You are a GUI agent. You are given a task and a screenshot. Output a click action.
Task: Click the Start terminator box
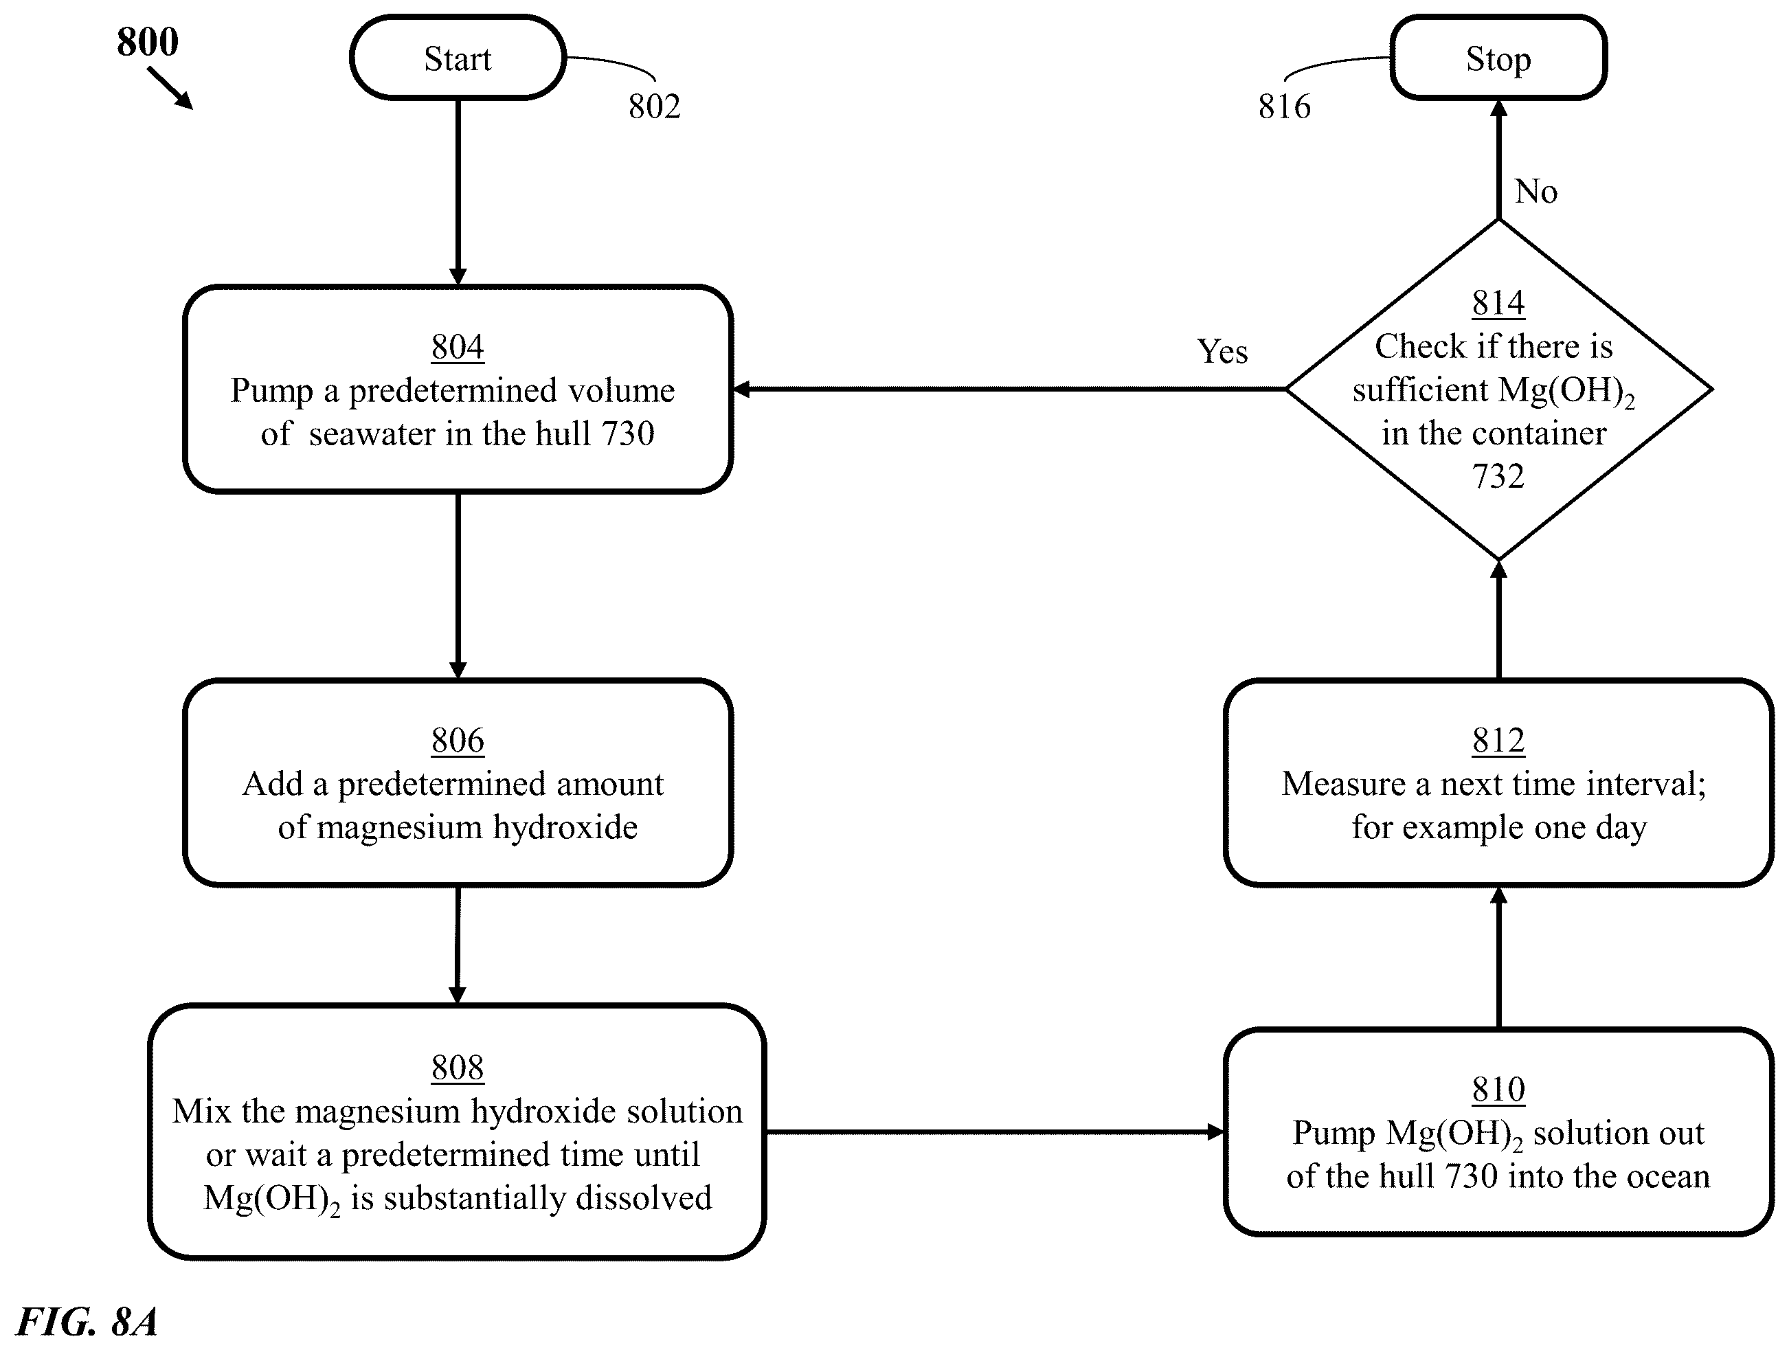(458, 58)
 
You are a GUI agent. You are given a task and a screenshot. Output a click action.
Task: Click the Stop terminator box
(1498, 58)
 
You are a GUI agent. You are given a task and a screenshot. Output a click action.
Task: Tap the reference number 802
(654, 106)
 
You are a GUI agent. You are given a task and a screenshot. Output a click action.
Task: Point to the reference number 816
(1284, 106)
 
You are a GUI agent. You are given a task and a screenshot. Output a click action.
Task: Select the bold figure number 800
(147, 41)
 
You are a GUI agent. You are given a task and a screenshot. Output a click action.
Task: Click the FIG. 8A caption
(87, 1321)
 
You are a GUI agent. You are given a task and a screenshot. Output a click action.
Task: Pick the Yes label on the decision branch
(1222, 351)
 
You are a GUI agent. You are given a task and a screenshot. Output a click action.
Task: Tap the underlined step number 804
(458, 347)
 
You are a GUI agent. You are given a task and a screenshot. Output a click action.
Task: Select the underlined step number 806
(458, 740)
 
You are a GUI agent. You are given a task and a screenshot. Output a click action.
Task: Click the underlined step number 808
(458, 1068)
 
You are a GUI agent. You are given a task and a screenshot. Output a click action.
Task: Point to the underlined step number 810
(1498, 1090)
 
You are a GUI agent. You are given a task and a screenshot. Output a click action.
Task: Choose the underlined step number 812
(1498, 740)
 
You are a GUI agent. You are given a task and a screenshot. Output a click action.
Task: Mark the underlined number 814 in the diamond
(1498, 304)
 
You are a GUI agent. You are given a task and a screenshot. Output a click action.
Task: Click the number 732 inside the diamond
(1498, 475)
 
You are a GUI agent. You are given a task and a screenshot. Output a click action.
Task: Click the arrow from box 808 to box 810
(994, 1132)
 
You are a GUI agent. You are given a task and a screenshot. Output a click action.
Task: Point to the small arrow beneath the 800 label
(170, 87)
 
